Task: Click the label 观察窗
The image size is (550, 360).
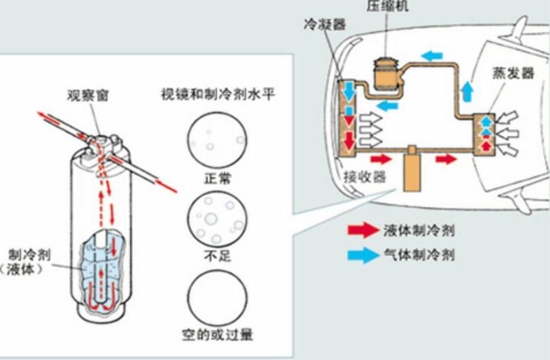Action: [85, 97]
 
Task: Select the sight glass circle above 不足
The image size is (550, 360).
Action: [217, 219]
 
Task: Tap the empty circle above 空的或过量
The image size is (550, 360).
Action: [217, 299]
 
